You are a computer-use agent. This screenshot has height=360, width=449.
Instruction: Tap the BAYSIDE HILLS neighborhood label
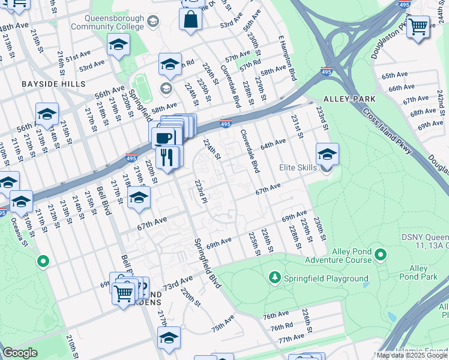click(53, 84)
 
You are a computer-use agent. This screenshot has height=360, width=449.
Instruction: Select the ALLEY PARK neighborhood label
click(349, 98)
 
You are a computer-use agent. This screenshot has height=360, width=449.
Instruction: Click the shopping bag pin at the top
click(191, 19)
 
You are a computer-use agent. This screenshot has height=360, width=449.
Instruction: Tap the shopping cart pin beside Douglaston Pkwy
click(418, 26)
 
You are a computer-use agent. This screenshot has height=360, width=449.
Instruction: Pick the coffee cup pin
click(163, 137)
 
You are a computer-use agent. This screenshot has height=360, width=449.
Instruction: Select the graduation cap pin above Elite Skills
click(327, 154)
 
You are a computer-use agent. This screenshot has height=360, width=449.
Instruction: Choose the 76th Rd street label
click(281, 328)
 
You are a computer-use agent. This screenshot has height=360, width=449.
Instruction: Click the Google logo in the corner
click(20, 353)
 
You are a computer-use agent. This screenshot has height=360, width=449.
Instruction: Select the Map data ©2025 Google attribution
click(412, 355)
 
